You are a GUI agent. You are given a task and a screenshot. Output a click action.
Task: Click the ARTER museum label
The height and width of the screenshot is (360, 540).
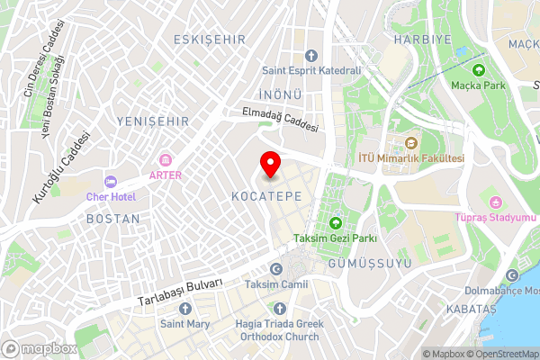[166, 175]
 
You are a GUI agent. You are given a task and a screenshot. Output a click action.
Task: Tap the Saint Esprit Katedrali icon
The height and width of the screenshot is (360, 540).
[311, 56]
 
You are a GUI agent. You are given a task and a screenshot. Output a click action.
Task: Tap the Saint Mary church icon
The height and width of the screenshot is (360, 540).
[185, 309]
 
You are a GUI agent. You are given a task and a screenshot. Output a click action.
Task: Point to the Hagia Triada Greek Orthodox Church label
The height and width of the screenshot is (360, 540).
[277, 330]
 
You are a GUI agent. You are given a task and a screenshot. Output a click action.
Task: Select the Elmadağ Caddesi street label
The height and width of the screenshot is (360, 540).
[280, 120]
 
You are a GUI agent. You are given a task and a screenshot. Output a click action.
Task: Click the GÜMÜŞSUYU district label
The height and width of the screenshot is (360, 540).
[369, 263]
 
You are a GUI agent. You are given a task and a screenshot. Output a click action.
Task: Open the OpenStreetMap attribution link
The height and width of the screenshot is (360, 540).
[502, 354]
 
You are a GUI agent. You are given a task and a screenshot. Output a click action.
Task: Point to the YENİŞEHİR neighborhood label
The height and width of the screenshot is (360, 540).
[153, 121]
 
